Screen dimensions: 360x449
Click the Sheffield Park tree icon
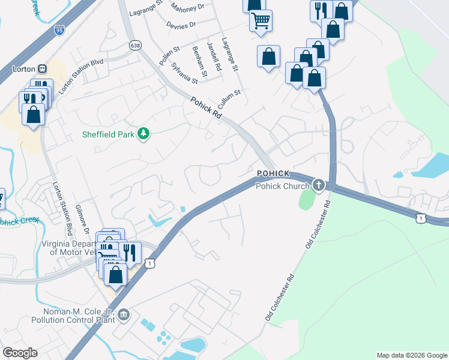click(143, 133)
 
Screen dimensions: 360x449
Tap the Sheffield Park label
click(109, 134)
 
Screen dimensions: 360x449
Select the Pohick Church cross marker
click(318, 185)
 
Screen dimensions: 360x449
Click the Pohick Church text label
click(282, 186)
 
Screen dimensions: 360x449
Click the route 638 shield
click(135, 45)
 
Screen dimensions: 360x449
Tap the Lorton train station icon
click(43, 68)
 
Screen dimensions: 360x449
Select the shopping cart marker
click(261, 20)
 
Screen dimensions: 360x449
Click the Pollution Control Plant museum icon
click(124, 314)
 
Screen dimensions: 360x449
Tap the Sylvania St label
click(184, 73)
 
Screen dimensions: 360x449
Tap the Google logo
click(20, 352)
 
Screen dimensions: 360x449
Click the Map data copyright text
click(411, 355)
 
